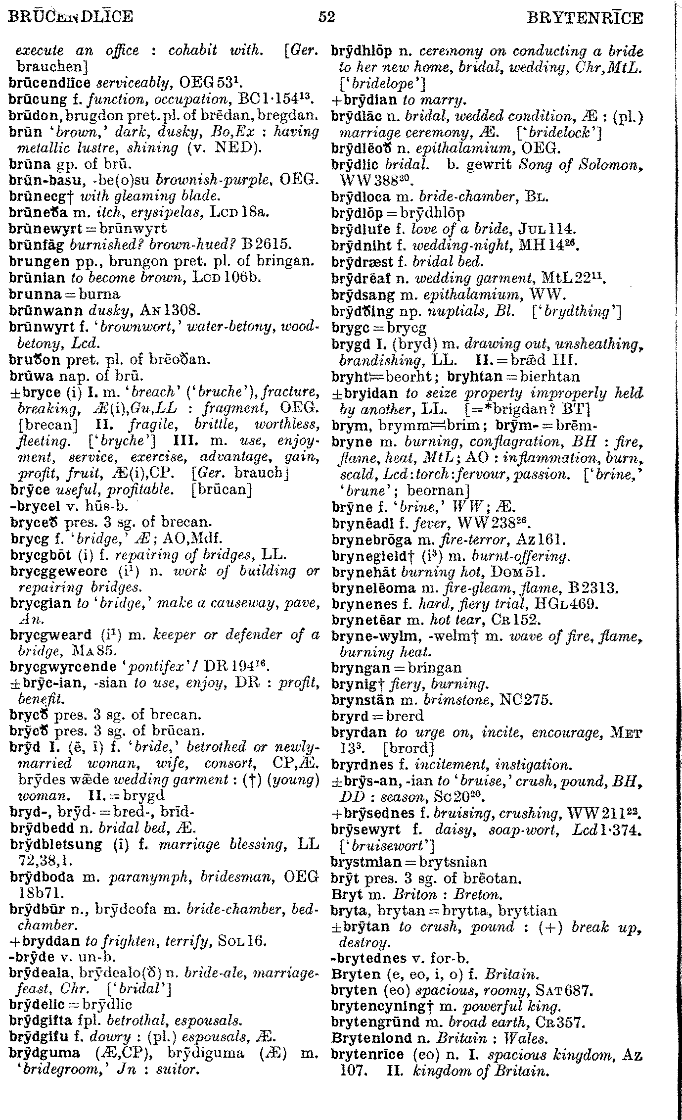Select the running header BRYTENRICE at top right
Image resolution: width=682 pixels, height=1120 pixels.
[585, 19]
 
